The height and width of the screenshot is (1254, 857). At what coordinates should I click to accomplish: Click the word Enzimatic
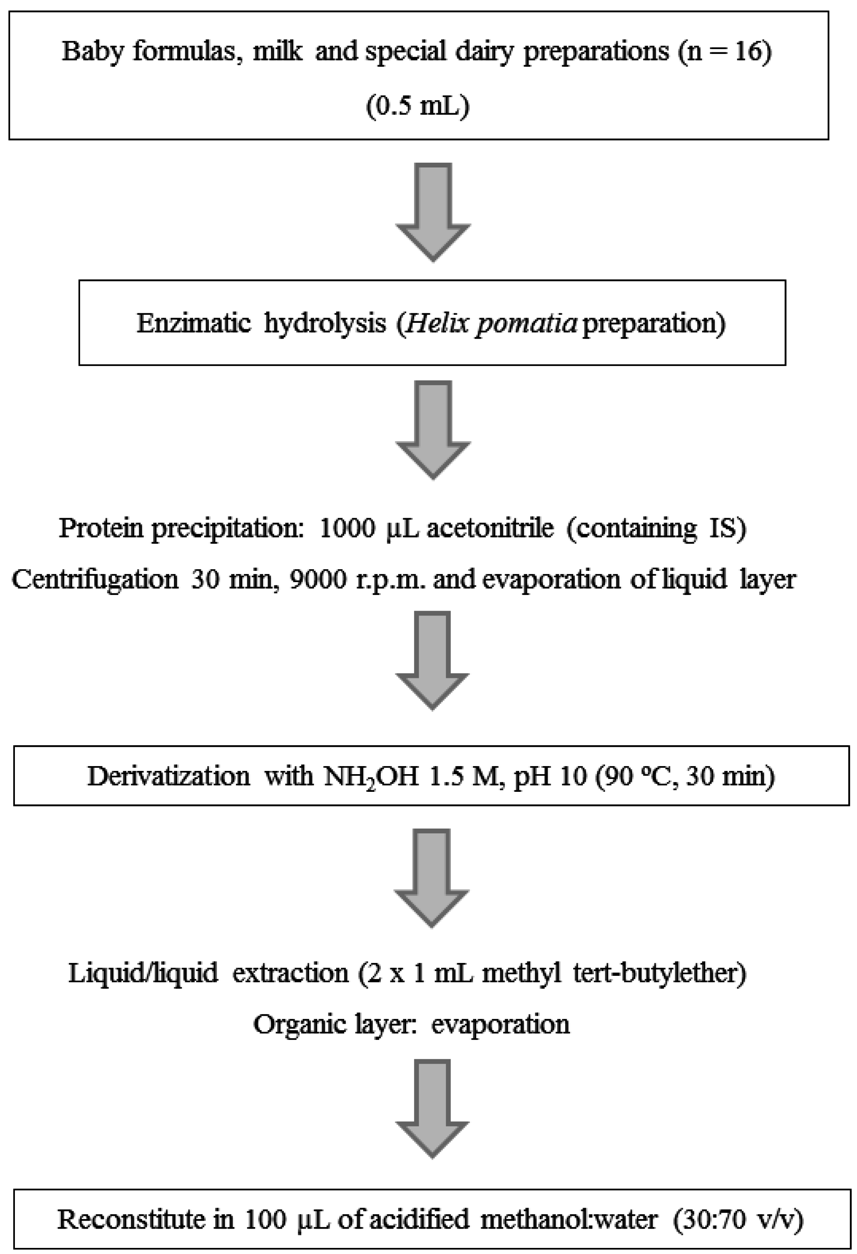pyautogui.click(x=193, y=323)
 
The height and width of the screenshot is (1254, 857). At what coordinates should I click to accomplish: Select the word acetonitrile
pyautogui.click(x=489, y=528)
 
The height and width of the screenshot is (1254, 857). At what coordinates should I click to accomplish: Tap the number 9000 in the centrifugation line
pyautogui.click(x=318, y=579)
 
